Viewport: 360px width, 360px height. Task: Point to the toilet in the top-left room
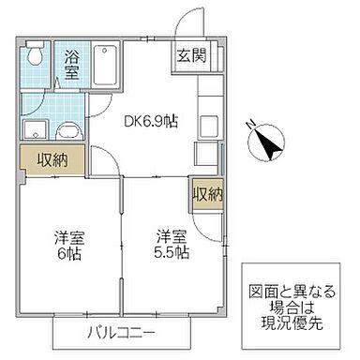(34, 55)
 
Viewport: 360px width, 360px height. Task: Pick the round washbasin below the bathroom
(67, 133)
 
